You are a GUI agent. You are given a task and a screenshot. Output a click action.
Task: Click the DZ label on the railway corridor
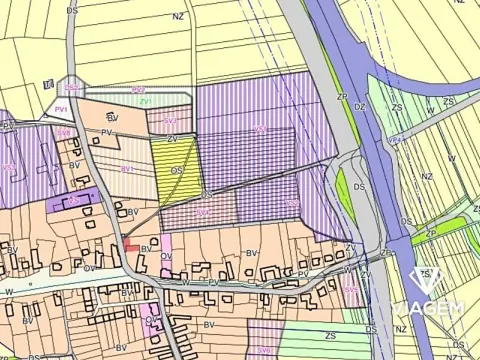pyautogui.click(x=360, y=105)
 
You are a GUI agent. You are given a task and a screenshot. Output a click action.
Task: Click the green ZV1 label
pyautogui.click(x=145, y=101)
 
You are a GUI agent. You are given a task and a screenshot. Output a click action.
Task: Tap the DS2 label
pyautogui.click(x=72, y=88)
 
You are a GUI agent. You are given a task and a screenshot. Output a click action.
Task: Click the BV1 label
pyautogui.click(x=127, y=170)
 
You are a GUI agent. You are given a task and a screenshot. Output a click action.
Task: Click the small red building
pyautogui.click(x=131, y=245)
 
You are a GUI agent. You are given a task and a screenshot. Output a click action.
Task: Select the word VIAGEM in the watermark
pyautogui.click(x=428, y=307)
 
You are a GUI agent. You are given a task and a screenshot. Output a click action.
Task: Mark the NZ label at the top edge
pyautogui.click(x=178, y=17)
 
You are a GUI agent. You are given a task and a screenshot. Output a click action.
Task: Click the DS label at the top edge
pyautogui.click(x=72, y=9)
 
